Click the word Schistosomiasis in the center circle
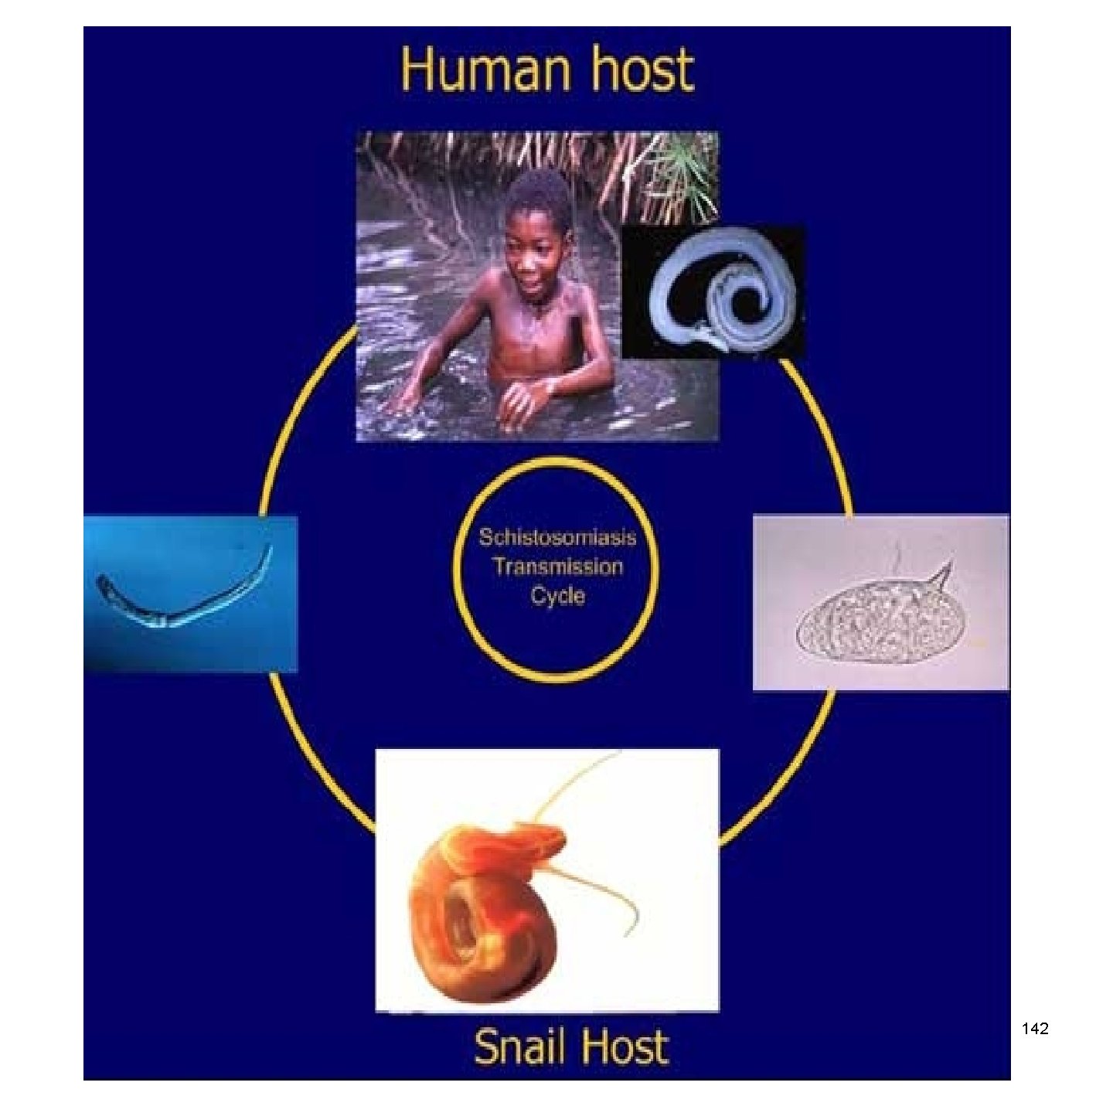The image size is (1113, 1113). (x=557, y=537)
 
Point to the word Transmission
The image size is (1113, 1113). (x=557, y=567)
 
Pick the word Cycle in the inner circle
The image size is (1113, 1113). (x=557, y=596)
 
